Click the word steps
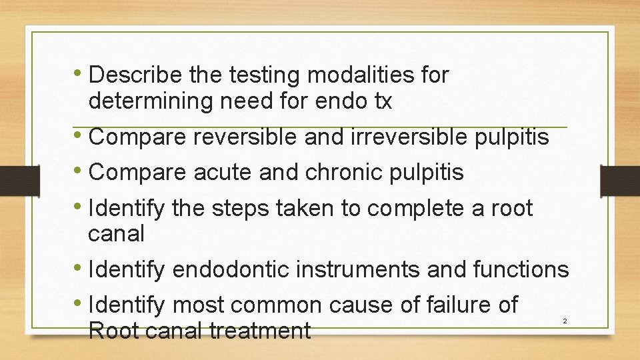(x=235, y=209)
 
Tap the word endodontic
(x=230, y=270)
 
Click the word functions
(x=521, y=270)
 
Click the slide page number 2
(x=565, y=321)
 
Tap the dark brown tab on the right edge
(x=620, y=181)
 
